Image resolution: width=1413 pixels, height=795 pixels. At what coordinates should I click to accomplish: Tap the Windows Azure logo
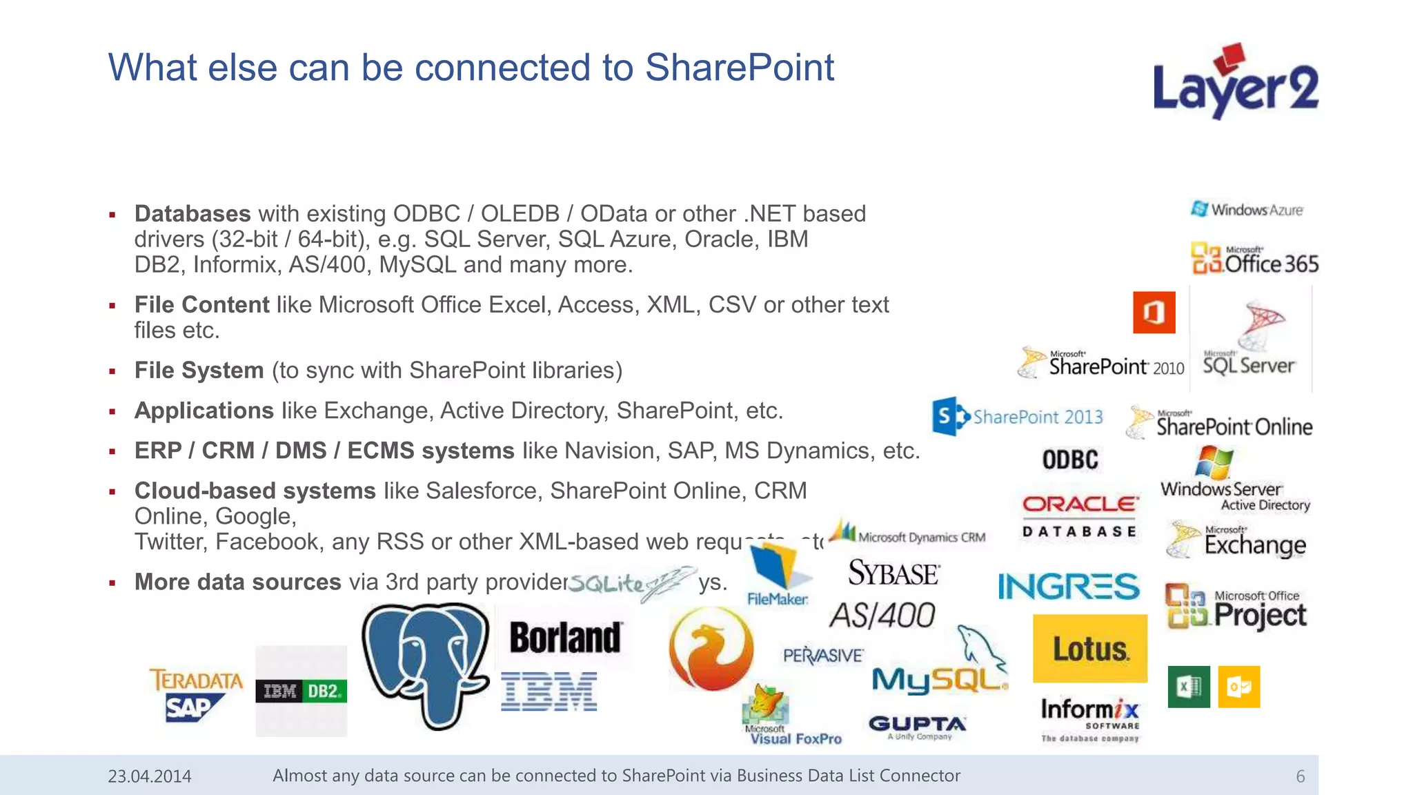pos(1247,209)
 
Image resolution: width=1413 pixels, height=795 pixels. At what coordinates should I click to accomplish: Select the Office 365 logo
pos(1254,259)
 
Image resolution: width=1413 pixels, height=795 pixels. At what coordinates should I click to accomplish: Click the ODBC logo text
pos(1070,460)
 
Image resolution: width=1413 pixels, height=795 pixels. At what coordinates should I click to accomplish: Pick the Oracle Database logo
pos(1080,515)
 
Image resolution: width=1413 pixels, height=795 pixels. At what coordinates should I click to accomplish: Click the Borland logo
pos(565,638)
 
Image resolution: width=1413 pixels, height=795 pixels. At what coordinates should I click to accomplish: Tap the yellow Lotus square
pos(1089,649)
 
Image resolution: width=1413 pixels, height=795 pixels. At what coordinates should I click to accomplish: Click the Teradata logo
pos(196,680)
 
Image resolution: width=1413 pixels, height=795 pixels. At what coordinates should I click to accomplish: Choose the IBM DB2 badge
pos(301,691)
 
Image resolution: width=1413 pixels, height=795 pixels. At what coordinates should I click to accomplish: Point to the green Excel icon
pos(1189,687)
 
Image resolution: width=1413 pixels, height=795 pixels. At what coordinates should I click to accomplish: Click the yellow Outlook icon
pos(1239,687)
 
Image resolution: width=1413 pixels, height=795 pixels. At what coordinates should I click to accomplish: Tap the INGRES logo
pos(1068,587)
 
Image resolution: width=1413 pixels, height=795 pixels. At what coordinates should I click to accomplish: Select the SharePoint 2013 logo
pos(1017,416)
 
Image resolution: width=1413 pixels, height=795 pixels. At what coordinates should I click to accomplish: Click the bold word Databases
pos(192,214)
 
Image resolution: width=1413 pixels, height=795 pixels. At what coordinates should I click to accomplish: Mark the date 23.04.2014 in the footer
pos(150,776)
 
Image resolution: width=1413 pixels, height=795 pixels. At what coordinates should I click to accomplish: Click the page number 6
pos(1300,776)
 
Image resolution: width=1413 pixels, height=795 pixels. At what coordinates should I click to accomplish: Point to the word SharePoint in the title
pos(739,68)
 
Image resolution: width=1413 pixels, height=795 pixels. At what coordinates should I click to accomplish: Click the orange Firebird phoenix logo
pos(711,649)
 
